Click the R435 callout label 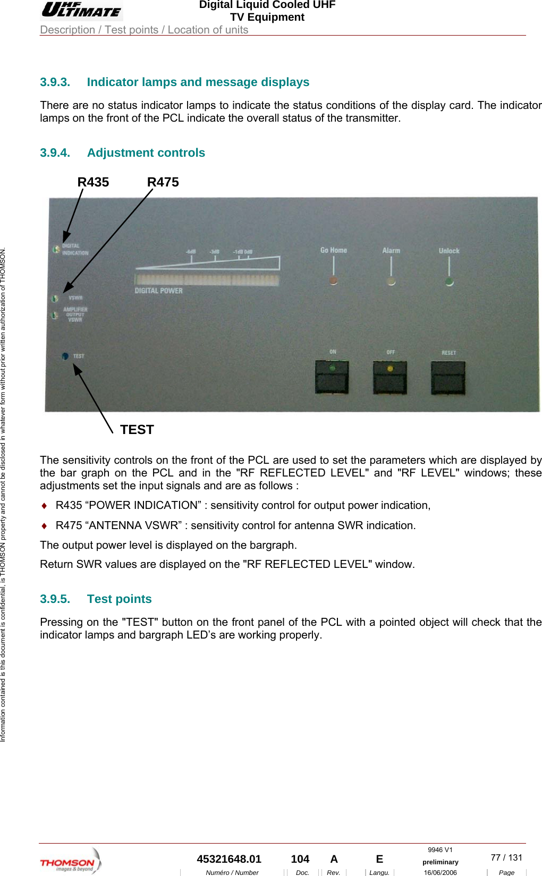pyautogui.click(x=93, y=182)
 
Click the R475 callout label pyautogui.click(x=163, y=182)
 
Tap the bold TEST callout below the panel pyautogui.click(x=137, y=430)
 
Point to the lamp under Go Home pyautogui.click(x=333, y=280)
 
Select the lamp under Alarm pyautogui.click(x=391, y=281)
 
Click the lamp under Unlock pyautogui.click(x=450, y=282)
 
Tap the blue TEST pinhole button pyautogui.click(x=65, y=356)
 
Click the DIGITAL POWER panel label pyautogui.click(x=158, y=291)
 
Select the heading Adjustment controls pyautogui.click(x=146, y=153)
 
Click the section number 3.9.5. pyautogui.click(x=55, y=599)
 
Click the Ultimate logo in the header pyautogui.click(x=82, y=10)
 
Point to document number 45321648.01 pyautogui.click(x=229, y=859)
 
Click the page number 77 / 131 pyautogui.click(x=506, y=857)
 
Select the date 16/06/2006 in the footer pyautogui.click(x=440, y=872)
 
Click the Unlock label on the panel pyautogui.click(x=449, y=251)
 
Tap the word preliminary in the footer pyautogui.click(x=440, y=862)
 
